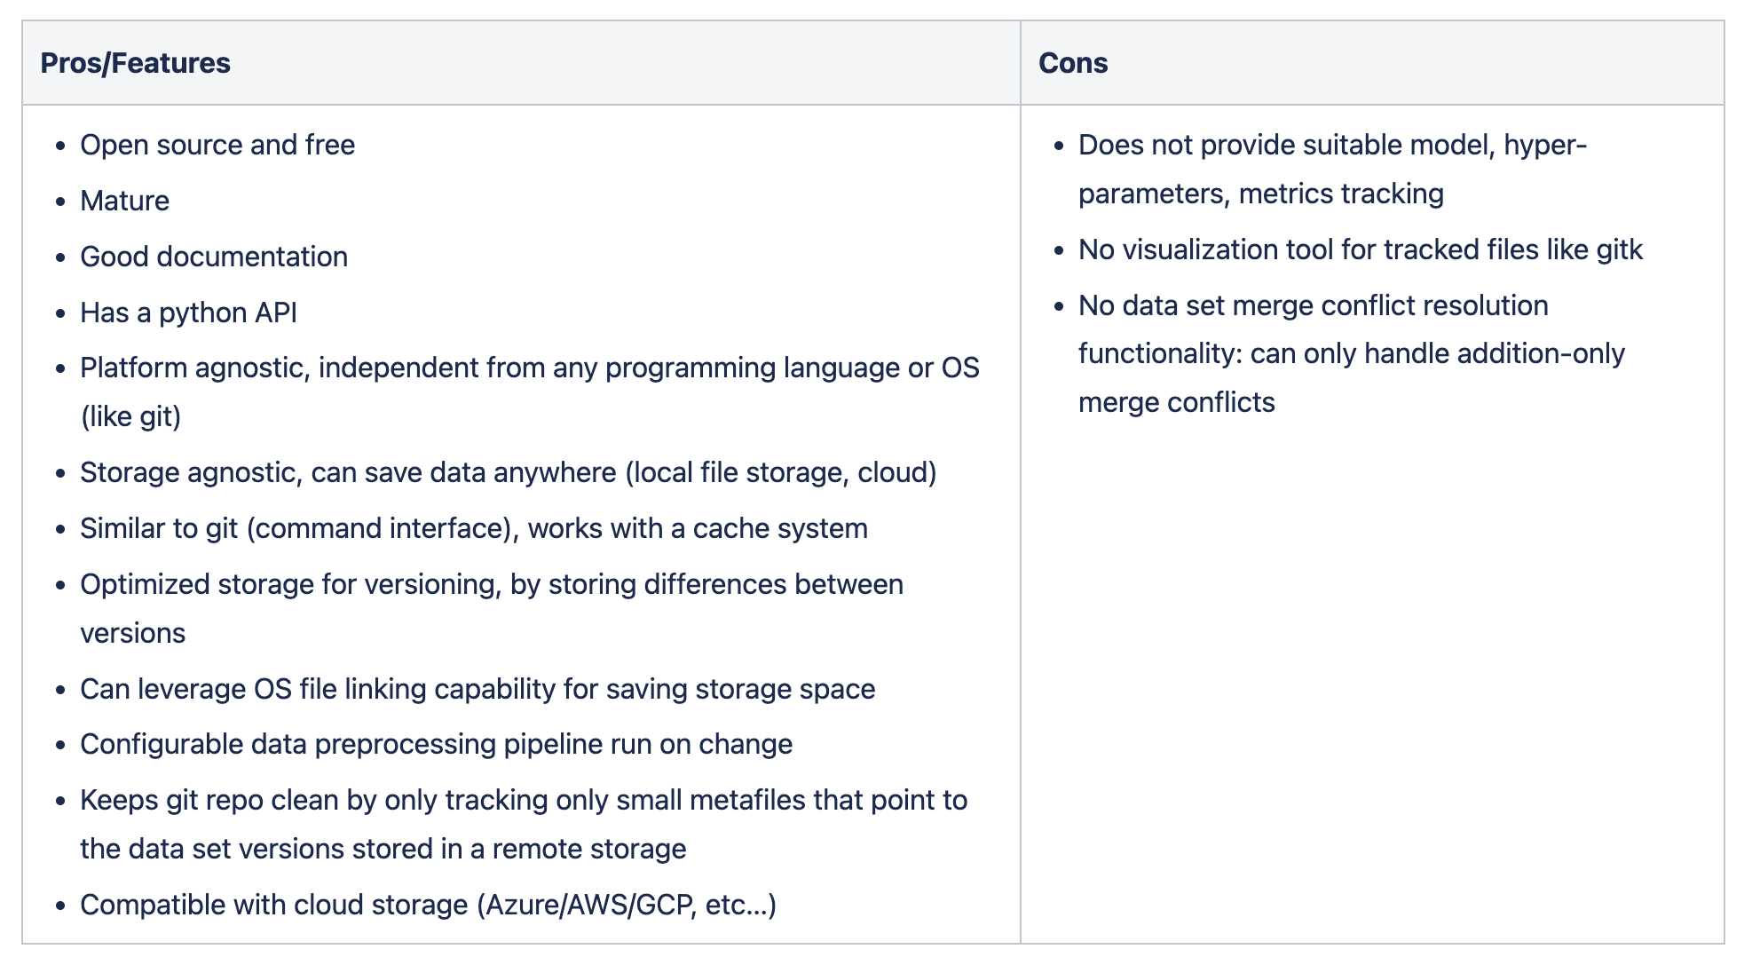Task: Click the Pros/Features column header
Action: [x=135, y=63]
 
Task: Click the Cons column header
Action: [x=1073, y=63]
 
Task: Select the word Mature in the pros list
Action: [x=124, y=201]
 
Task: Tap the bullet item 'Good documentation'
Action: [x=214, y=257]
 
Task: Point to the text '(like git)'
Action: [x=131, y=416]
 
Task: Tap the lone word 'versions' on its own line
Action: [x=133, y=633]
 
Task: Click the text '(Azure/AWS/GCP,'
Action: [x=587, y=905]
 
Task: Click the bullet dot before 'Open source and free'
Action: [x=60, y=146]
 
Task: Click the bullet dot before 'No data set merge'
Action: [x=1059, y=306]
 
